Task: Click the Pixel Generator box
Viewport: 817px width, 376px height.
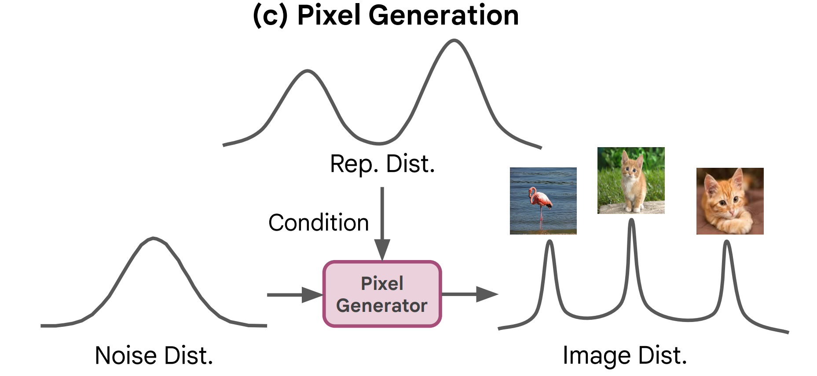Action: (x=382, y=294)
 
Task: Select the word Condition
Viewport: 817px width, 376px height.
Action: (x=319, y=223)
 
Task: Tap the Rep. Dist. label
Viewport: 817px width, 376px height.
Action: (x=382, y=164)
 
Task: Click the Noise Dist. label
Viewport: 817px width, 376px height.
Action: (x=154, y=355)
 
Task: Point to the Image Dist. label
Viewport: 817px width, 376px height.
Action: (x=625, y=355)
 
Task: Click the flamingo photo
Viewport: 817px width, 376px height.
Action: (x=543, y=201)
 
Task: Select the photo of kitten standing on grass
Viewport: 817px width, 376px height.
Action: (x=631, y=181)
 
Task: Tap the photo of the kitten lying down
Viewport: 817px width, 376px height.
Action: (x=730, y=201)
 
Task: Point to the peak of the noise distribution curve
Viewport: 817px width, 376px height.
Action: (x=153, y=239)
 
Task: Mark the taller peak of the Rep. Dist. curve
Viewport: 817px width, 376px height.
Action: (x=454, y=41)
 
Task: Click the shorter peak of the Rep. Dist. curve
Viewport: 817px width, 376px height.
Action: (x=308, y=71)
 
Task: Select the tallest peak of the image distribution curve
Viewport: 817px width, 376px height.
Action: (x=632, y=220)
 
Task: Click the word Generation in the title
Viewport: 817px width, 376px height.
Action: (x=443, y=15)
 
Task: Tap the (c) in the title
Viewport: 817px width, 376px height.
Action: (x=270, y=15)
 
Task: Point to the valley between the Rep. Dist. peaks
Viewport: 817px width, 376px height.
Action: (x=379, y=143)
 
